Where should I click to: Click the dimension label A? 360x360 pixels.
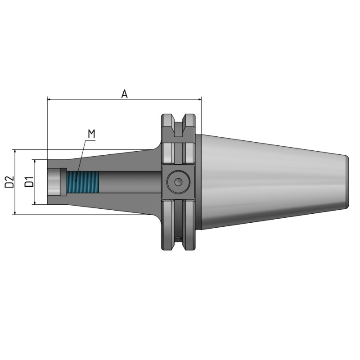tap(125, 94)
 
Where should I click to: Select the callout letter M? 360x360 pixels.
tap(91, 134)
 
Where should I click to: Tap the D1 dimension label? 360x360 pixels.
tap(28, 182)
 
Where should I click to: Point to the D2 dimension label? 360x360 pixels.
tap(9, 182)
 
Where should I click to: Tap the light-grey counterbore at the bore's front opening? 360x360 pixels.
tap(53, 182)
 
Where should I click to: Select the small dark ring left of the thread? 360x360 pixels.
tap(63, 182)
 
